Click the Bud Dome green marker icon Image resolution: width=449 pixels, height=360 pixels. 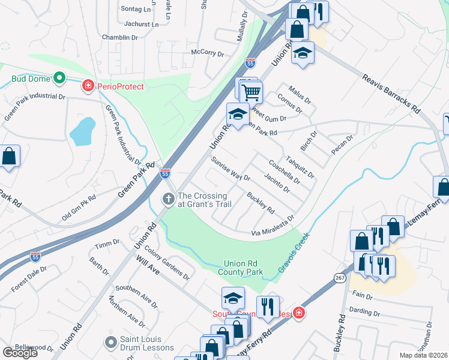(x=59, y=78)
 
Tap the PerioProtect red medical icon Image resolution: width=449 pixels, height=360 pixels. (x=88, y=86)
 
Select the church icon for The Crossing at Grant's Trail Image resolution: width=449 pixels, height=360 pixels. (x=169, y=199)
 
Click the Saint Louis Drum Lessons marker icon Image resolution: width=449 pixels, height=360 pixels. (x=110, y=343)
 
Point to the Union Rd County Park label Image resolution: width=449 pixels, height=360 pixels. (x=243, y=267)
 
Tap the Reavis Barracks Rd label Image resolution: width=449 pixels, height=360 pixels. (x=390, y=93)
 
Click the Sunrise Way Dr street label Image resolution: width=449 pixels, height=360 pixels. (x=231, y=169)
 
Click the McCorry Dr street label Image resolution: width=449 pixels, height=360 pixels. (x=207, y=53)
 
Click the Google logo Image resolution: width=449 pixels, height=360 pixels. (x=20, y=352)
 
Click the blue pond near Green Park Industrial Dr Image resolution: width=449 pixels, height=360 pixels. (x=82, y=131)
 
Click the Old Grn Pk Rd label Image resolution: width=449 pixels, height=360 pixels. (x=76, y=205)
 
